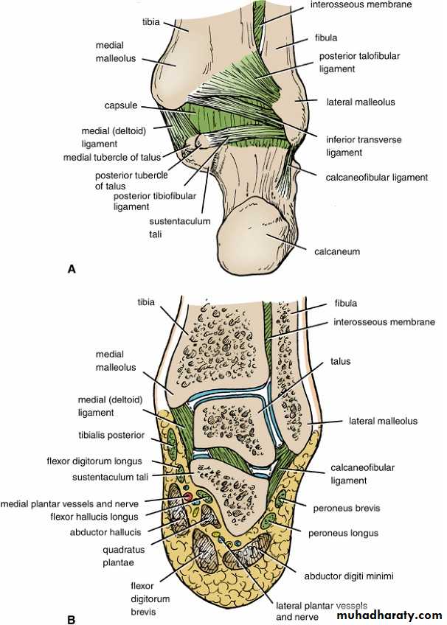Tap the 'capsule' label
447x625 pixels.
(x=122, y=106)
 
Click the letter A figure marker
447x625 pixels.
(x=71, y=270)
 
